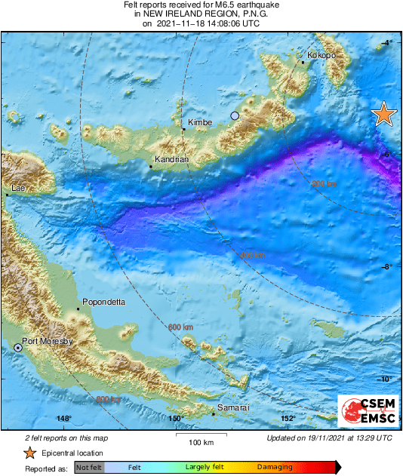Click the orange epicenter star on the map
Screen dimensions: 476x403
(384, 114)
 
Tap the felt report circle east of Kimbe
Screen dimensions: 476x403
(235, 115)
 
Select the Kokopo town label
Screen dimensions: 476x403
(321, 55)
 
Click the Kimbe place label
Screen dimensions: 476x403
(198, 122)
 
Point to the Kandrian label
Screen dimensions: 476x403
(171, 159)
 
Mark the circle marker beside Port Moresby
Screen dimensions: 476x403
(18, 347)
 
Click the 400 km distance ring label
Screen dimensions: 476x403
(253, 255)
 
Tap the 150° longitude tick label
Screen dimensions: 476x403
(175, 419)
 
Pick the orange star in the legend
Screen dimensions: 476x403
(29, 453)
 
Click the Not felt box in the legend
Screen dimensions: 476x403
(88, 468)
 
